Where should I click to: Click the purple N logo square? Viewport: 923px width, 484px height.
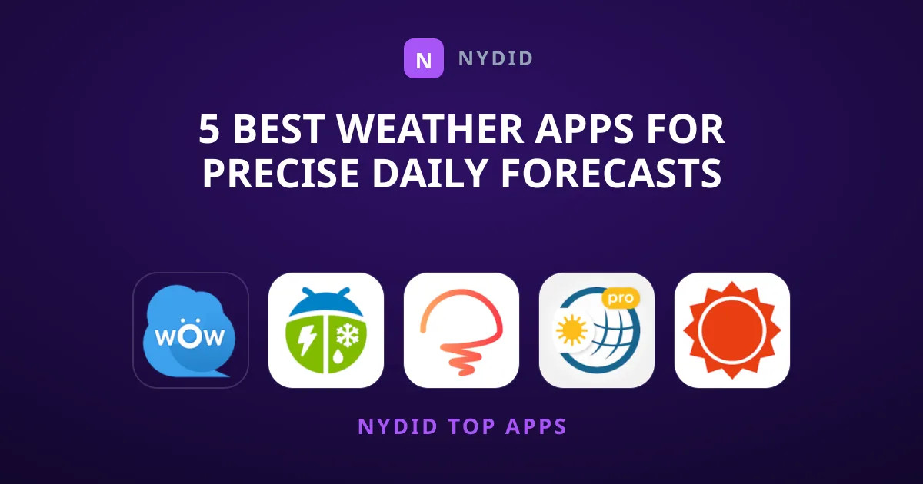pyautogui.click(x=424, y=58)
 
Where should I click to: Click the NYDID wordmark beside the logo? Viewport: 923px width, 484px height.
pyautogui.click(x=495, y=58)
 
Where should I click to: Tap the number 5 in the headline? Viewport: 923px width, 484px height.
pyautogui.click(x=209, y=129)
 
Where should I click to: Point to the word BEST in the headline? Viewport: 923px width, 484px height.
pyautogui.click(x=278, y=129)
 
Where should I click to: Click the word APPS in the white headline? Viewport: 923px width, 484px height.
pyautogui.click(x=585, y=129)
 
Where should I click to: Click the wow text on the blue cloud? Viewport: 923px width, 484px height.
pyautogui.click(x=190, y=335)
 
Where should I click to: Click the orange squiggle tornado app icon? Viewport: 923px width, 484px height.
pyautogui.click(x=461, y=330)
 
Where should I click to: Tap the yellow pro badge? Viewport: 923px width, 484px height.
pyautogui.click(x=621, y=298)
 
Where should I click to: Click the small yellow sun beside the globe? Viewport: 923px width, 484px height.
pyautogui.click(x=572, y=330)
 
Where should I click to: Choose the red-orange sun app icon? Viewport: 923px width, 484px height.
pyautogui.click(x=732, y=330)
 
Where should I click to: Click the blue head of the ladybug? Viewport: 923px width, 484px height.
pyautogui.click(x=325, y=302)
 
